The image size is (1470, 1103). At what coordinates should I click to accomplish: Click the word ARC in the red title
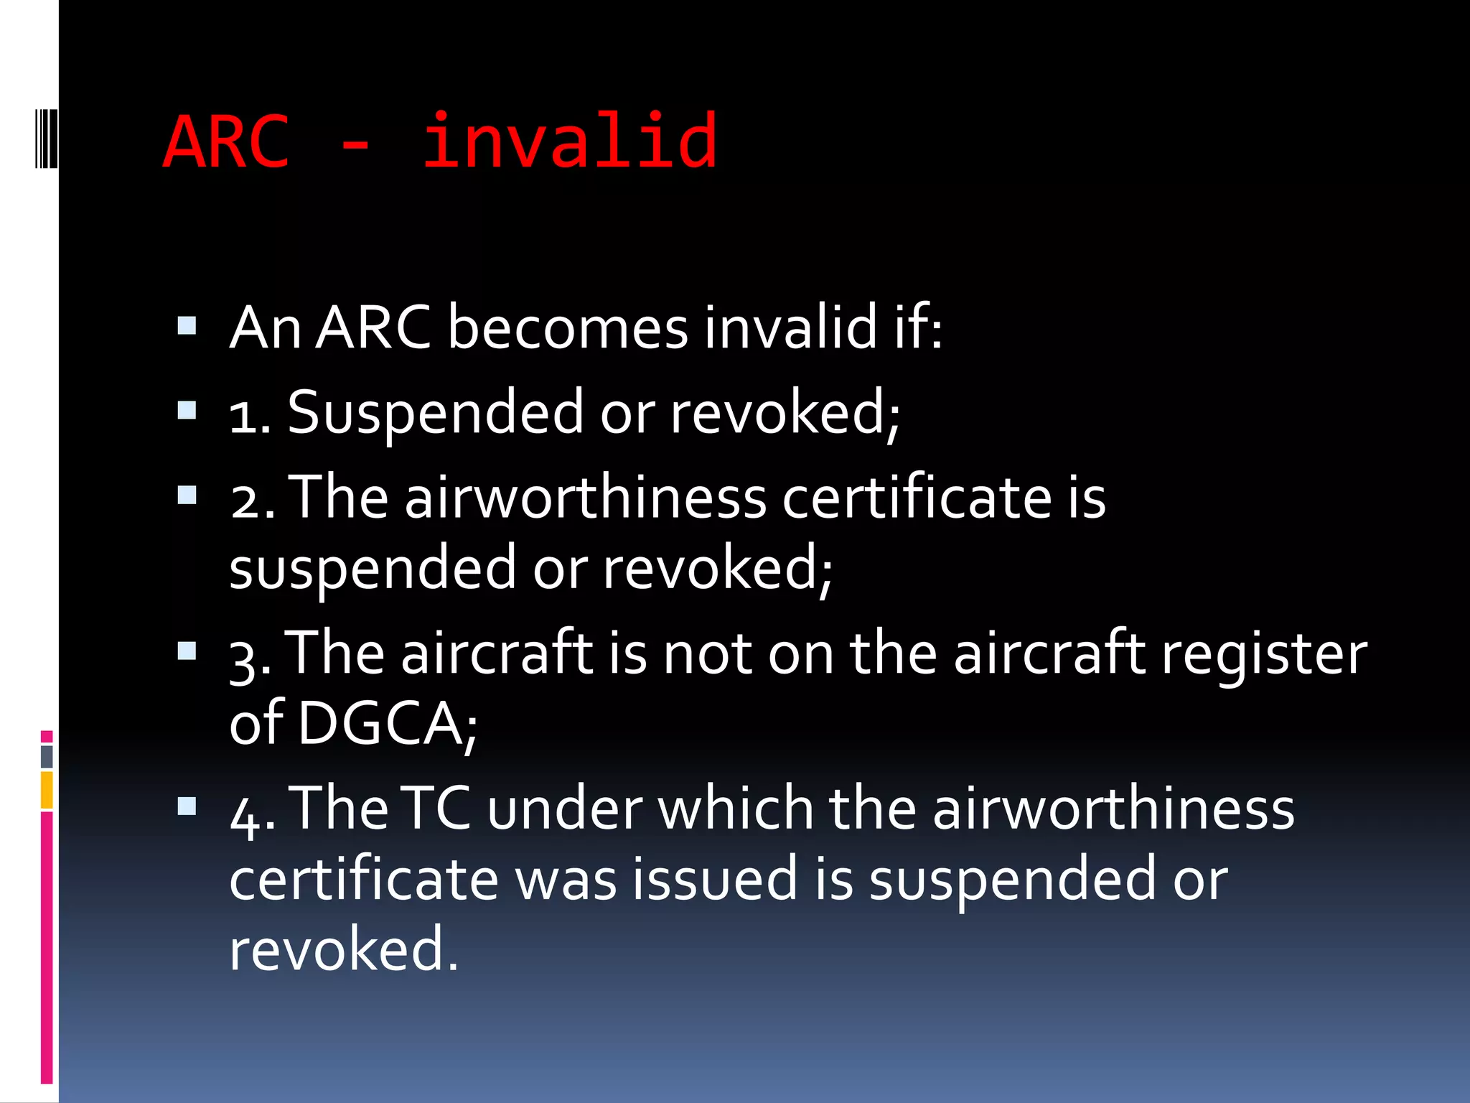coord(226,142)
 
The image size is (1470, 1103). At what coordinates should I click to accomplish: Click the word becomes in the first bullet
coord(567,327)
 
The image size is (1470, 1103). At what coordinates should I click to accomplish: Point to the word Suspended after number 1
coord(435,412)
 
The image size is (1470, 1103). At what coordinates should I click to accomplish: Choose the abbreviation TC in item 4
coord(436,808)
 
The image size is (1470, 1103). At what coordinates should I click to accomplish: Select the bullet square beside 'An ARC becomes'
coord(187,327)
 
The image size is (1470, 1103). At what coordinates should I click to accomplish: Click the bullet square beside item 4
coord(187,806)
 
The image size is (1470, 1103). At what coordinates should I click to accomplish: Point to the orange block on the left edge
coord(47,790)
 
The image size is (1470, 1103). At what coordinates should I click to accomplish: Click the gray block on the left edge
coord(47,756)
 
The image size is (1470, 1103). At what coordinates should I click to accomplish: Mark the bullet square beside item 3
coord(187,651)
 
